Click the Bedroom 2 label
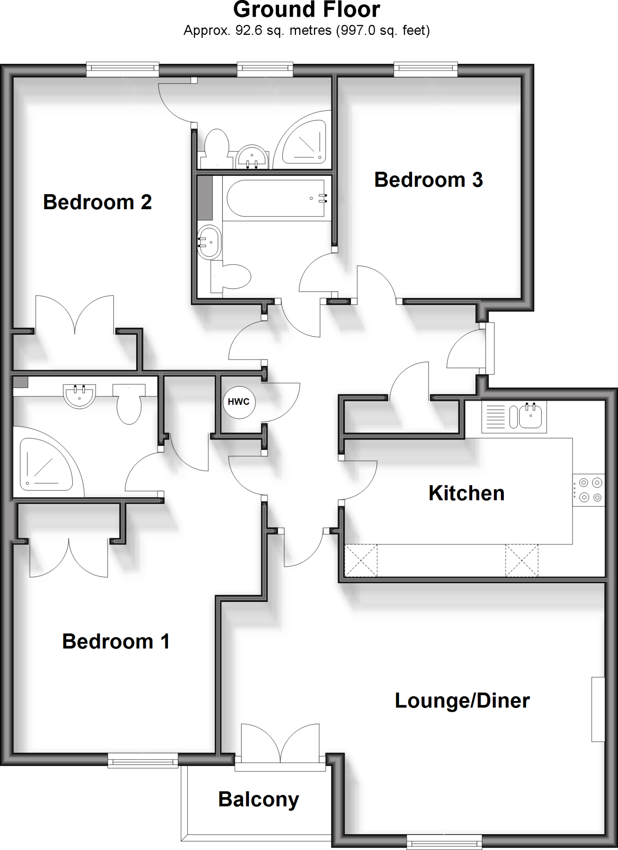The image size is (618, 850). point(97,203)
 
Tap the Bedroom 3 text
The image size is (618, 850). point(428,180)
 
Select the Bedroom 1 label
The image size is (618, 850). point(116,642)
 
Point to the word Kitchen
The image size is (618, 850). point(466,493)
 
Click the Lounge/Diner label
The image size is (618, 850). point(462,701)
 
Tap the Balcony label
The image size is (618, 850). point(258,799)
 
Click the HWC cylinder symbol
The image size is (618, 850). point(239,402)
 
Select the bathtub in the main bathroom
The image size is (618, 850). point(275,198)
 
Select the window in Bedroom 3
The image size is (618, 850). point(426,69)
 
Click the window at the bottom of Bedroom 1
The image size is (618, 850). point(143,761)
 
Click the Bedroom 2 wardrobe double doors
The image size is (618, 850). point(75,315)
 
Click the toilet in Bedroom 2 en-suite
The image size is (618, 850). point(216,145)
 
